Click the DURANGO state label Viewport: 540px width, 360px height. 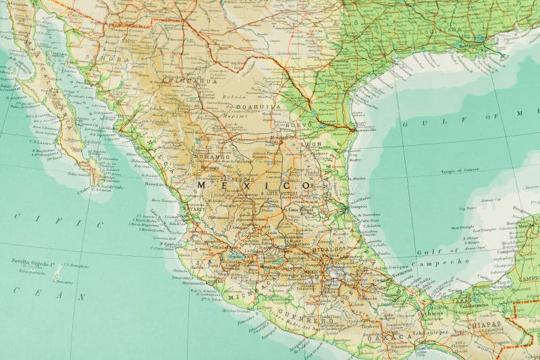[x=212, y=157]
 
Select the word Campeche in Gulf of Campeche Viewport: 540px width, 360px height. [x=447, y=261]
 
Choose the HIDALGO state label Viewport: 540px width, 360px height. [x=329, y=249]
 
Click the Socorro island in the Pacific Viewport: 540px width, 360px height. [x=59, y=279]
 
